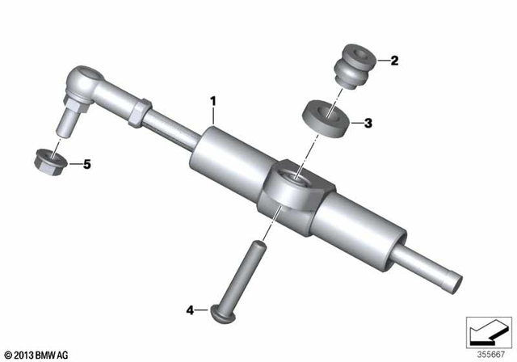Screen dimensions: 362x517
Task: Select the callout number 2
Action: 394,59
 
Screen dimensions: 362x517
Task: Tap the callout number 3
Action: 368,124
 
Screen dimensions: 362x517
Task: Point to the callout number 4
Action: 191,309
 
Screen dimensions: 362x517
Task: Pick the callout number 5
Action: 87,164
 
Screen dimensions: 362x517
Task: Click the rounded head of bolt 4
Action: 221,310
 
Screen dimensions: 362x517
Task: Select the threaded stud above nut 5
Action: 67,119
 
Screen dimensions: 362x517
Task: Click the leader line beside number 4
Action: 203,309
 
